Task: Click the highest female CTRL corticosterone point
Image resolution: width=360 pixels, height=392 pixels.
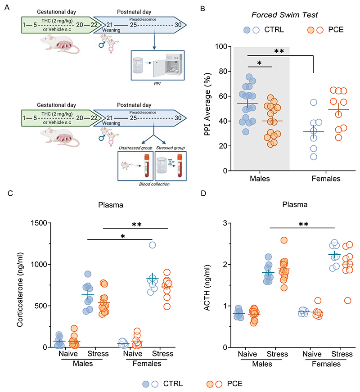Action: click(153, 245)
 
